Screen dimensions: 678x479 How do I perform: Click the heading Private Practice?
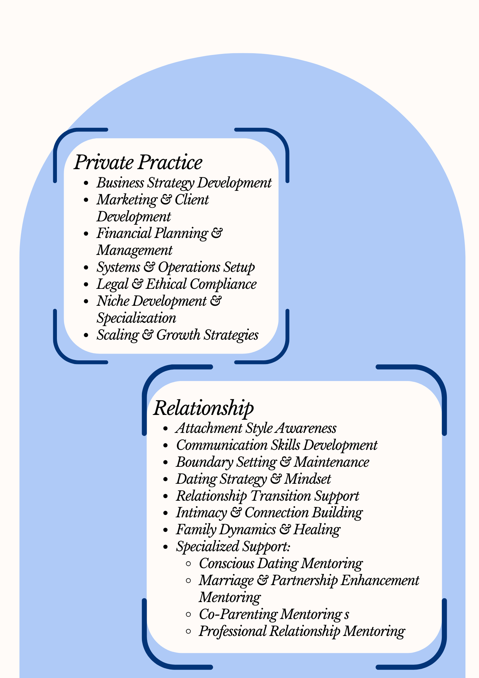tap(138, 162)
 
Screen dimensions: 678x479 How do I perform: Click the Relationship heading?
tap(203, 408)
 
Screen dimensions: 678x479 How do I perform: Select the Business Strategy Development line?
tap(184, 183)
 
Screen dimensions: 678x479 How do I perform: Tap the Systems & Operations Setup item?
tap(175, 267)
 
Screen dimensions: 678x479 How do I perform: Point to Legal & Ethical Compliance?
tap(176, 284)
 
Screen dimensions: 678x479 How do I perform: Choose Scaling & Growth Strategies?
tap(178, 335)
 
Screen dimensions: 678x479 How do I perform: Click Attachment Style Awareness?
tap(256, 428)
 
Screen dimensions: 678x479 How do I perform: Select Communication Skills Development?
tap(276, 445)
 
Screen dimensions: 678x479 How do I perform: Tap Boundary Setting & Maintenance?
tap(272, 462)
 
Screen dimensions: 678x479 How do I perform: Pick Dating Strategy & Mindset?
tap(253, 479)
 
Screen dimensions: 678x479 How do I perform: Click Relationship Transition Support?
tap(267, 496)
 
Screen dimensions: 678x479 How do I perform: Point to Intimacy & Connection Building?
tap(269, 513)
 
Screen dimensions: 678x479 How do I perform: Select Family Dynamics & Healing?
tap(258, 530)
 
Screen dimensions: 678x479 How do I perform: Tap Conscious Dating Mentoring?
tap(280, 563)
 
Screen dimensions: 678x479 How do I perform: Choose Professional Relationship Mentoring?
tap(301, 631)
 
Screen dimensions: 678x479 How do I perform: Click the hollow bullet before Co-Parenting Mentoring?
tap(189, 615)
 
